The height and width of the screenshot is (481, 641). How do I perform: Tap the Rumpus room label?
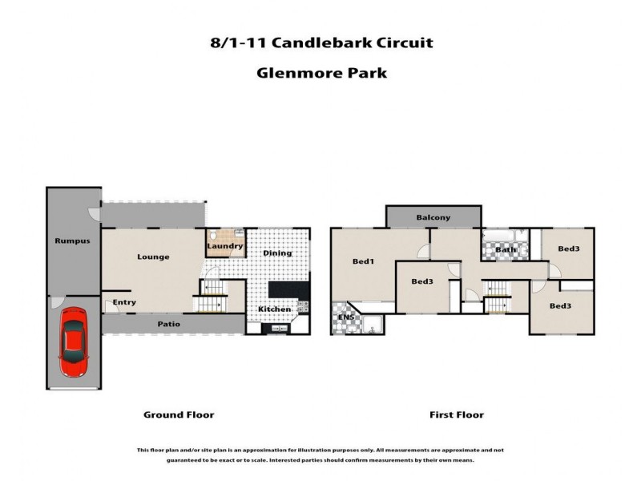click(71, 240)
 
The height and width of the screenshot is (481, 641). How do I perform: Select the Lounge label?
click(153, 257)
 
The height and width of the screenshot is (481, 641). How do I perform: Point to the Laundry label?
click(224, 246)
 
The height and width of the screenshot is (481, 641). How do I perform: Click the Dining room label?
click(277, 253)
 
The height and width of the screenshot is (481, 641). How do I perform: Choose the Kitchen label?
click(274, 309)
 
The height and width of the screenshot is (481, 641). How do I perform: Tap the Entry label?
click(124, 302)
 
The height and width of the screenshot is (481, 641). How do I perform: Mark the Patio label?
click(168, 325)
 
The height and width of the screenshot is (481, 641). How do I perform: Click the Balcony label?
click(433, 217)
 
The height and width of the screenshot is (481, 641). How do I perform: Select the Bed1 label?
click(365, 261)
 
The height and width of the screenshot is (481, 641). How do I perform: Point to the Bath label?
click(506, 249)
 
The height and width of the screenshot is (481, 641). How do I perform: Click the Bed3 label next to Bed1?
click(422, 281)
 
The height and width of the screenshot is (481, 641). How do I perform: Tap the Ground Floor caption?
click(179, 414)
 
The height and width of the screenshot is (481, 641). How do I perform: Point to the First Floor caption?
click(456, 414)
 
